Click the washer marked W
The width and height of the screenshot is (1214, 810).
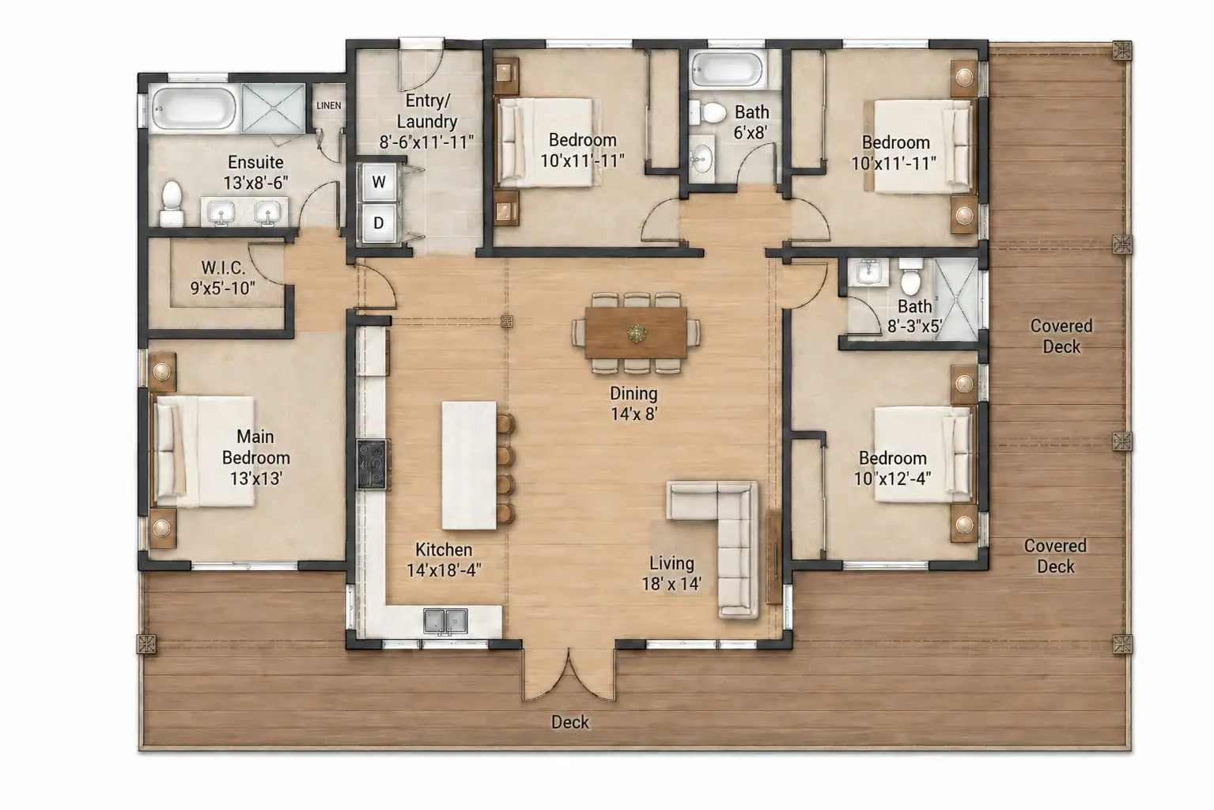tap(379, 182)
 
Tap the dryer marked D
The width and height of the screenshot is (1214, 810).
tap(379, 222)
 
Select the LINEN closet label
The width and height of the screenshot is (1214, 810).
tap(329, 105)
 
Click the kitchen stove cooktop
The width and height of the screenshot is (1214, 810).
tap(373, 464)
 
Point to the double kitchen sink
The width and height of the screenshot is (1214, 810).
tap(445, 621)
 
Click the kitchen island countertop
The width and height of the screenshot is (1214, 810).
tap(469, 465)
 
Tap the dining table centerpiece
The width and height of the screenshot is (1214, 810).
tap(637, 333)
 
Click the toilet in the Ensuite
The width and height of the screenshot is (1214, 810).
tap(172, 203)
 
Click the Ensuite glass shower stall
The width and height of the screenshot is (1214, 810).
tap(274, 108)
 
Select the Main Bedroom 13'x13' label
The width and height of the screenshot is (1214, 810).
tap(255, 457)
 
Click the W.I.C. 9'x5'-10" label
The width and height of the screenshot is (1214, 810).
tap(223, 278)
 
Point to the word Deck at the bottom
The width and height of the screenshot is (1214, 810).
tap(569, 722)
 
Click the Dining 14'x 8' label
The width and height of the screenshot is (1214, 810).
tap(633, 403)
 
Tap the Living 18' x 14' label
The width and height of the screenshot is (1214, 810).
tap(672, 573)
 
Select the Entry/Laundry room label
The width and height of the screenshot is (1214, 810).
tap(426, 121)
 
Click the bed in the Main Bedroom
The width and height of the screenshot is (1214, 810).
tap(205, 452)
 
